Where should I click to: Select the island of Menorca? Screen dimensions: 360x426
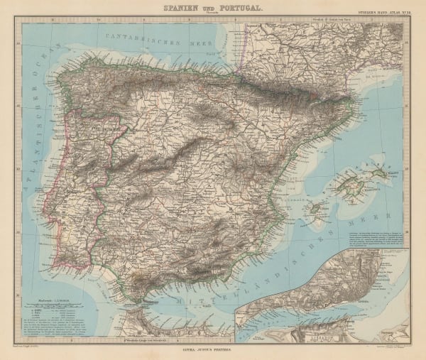click(398, 170)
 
